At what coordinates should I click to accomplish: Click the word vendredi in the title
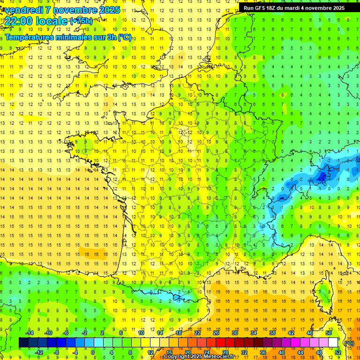coord(23,9)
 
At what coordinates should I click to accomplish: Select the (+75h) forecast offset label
coord(81,21)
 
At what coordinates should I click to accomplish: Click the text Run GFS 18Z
coord(262,8)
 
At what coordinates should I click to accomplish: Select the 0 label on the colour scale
coord(93,352)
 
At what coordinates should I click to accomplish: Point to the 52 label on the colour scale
coord(337,352)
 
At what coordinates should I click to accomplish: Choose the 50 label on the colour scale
coord(328,333)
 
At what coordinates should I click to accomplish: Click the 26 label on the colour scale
coord(217,333)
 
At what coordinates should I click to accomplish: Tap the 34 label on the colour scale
coord(254,333)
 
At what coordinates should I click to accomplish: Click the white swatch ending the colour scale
coord(333,343)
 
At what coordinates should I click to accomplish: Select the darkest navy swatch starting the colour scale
coord(23,343)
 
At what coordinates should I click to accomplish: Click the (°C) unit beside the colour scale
coord(349,343)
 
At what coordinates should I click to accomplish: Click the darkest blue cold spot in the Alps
coord(322,177)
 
